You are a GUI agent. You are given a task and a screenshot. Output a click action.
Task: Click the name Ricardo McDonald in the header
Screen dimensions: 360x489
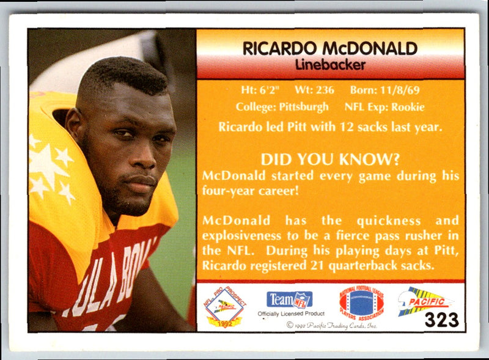330,48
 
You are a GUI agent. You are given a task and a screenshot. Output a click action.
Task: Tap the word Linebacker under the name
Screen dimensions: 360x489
330,64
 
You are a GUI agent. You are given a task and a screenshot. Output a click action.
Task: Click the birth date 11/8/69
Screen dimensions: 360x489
402,90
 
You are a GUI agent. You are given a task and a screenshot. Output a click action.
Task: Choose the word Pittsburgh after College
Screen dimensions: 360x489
304,107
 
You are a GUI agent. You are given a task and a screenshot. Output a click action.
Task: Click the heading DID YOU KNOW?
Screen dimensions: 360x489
330,160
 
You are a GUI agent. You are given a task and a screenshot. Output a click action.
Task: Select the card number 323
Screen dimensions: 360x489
441,320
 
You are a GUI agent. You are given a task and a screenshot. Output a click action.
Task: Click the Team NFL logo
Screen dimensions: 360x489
289,299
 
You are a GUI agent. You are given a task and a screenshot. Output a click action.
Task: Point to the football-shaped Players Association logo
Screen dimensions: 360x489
361,303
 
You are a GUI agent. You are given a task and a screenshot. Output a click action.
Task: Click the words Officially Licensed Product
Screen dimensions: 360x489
291,314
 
